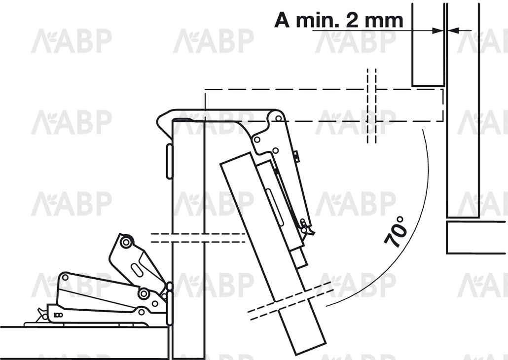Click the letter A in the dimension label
(282, 20)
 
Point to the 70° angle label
(396, 232)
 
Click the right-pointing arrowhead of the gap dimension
(438, 31)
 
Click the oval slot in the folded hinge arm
(136, 270)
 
